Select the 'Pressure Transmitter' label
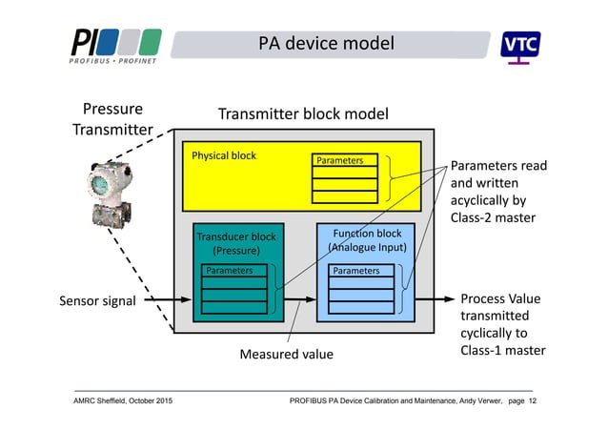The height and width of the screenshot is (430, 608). [113, 119]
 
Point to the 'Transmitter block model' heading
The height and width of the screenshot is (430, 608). [303, 114]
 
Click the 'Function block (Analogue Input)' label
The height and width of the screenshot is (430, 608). [367, 240]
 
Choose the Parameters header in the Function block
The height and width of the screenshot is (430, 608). [355, 271]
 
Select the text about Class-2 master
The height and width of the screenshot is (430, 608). [497, 192]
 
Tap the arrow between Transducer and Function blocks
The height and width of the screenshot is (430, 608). [299, 300]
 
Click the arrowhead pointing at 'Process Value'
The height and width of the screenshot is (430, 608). [447, 300]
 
